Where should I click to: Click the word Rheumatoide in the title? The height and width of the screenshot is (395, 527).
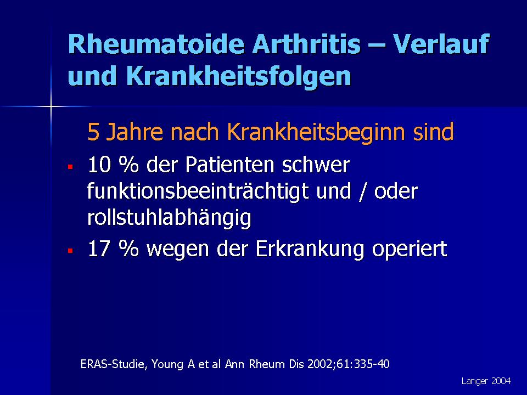(156, 44)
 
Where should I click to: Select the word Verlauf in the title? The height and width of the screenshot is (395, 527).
(441, 44)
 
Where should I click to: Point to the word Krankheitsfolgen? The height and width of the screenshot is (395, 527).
(239, 76)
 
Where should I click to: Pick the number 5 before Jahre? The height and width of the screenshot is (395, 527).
(93, 132)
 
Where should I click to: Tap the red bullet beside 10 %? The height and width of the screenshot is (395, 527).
(70, 167)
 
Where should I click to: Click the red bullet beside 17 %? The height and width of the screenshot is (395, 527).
(70, 251)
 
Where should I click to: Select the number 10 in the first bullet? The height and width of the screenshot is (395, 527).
(99, 165)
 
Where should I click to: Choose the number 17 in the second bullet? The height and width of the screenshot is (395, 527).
(99, 249)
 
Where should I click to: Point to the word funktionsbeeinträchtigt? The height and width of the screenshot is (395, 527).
(198, 191)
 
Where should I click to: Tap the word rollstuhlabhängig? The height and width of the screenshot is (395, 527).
(169, 218)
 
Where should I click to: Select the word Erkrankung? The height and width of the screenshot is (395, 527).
(310, 249)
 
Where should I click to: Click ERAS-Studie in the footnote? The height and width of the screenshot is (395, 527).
(114, 364)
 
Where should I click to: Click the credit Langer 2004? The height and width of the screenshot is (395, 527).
(486, 381)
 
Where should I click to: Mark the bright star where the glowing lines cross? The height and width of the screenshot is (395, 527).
(51, 107)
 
